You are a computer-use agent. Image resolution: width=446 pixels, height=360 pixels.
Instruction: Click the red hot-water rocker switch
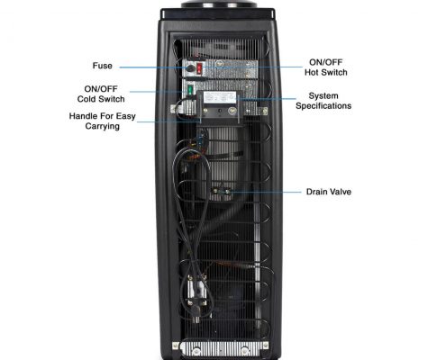click(x=199, y=68)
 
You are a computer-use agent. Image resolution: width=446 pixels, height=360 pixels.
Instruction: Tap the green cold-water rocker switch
click(x=190, y=90)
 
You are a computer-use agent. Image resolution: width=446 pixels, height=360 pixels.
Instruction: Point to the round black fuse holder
click(x=190, y=68)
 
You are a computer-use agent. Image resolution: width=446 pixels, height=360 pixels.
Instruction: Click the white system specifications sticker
click(x=219, y=98)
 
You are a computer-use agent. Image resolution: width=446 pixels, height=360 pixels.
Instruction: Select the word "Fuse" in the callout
click(x=103, y=66)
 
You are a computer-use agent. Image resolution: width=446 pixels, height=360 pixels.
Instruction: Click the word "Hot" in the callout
click(x=313, y=72)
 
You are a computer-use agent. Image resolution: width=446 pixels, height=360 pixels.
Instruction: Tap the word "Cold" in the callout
click(x=86, y=99)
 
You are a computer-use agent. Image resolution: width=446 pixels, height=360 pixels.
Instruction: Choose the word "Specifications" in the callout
click(x=323, y=106)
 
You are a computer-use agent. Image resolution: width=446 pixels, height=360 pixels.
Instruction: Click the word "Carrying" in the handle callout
click(x=103, y=126)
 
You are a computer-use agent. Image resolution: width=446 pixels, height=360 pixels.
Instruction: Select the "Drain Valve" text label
click(x=329, y=192)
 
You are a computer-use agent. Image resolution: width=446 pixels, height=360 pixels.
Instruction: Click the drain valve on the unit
click(x=221, y=191)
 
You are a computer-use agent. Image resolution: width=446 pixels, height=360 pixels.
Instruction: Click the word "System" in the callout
click(x=323, y=96)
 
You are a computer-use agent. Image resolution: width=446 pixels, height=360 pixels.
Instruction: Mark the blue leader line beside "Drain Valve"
click(x=266, y=192)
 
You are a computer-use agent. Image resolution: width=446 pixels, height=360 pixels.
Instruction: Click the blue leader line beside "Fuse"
click(x=153, y=67)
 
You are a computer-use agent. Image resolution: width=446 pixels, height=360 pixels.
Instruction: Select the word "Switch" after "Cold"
click(x=111, y=99)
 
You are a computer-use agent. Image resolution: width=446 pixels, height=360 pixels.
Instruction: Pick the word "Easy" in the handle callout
click(x=126, y=116)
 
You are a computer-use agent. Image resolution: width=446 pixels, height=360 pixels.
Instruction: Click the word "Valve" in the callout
click(x=341, y=192)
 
